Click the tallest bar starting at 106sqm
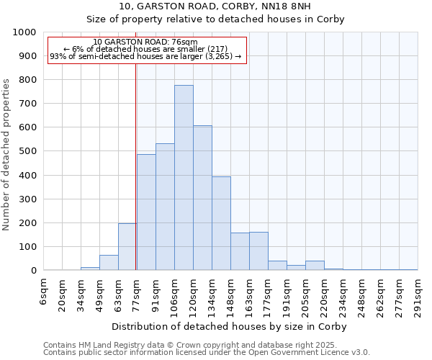coord(184,178)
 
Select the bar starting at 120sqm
coord(202,198)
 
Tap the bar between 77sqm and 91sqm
coord(146,212)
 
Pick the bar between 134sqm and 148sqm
coord(221,223)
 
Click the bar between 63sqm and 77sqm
coord(127,247)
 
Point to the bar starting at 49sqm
coord(109,263)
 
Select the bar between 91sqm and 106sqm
coord(165,207)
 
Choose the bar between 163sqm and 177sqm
coord(258,251)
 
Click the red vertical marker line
coord(136,166)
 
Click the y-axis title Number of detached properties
coord(6,152)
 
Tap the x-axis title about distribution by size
coord(230,326)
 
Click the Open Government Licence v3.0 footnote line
coord(207,352)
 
